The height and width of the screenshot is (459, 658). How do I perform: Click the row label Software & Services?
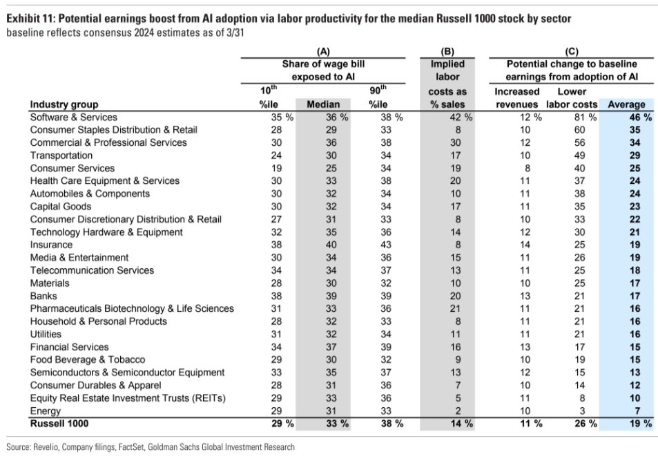tap(73, 117)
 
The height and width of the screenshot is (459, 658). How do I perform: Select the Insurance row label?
tap(51, 245)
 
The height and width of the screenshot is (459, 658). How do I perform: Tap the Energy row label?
tap(46, 411)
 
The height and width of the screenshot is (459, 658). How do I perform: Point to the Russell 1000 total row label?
tap(59, 424)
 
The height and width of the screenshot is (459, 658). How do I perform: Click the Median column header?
tap(322, 104)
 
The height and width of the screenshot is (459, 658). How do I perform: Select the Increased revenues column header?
tap(518, 97)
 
